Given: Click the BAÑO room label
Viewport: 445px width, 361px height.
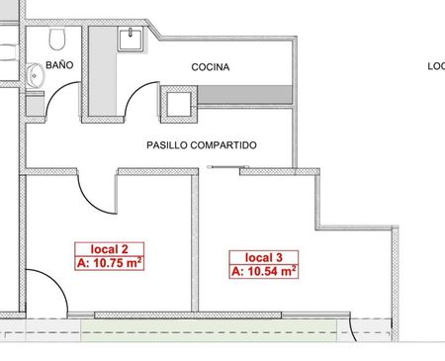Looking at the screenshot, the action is click(59, 64).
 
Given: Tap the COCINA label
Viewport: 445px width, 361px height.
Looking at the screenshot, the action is click(211, 67).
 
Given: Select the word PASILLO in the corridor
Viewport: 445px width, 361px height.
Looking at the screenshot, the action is click(167, 145).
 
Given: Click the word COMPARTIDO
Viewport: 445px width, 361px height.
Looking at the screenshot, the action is click(223, 145).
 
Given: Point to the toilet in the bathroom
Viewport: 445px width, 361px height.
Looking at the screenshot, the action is click(57, 39).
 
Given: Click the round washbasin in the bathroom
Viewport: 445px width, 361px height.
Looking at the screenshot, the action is click(35, 76).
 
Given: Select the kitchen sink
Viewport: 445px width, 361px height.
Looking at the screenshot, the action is click(131, 40).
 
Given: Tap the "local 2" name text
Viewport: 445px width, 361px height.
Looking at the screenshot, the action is click(109, 249).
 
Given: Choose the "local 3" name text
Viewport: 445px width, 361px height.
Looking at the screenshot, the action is click(264, 257).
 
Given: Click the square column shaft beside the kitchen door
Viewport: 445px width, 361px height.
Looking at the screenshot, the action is click(179, 104).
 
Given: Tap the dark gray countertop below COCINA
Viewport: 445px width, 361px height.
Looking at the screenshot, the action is click(245, 95).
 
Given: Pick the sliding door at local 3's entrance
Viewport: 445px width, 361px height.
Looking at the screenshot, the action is click(228, 167).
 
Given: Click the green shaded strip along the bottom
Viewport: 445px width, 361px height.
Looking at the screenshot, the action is click(209, 329).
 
